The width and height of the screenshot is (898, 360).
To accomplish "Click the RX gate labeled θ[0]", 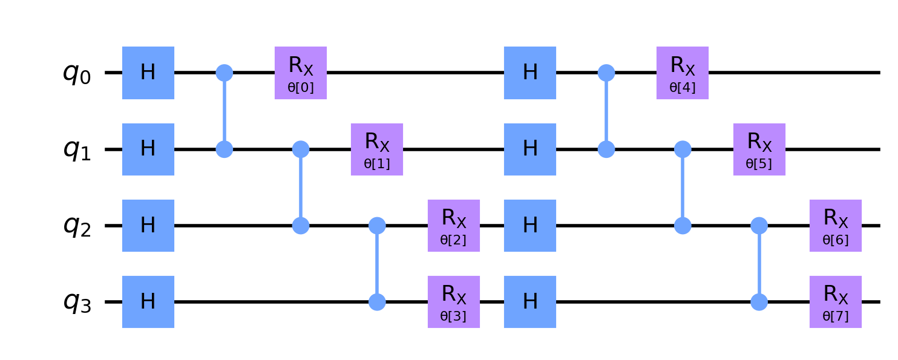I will click(x=300, y=73).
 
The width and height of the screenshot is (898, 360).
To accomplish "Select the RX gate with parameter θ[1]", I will click(x=376, y=149).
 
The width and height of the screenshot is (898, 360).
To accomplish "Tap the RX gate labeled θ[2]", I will click(x=453, y=226).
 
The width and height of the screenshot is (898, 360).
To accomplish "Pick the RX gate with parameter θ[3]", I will click(x=453, y=302).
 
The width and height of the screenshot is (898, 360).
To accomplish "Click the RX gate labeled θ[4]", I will click(x=682, y=73).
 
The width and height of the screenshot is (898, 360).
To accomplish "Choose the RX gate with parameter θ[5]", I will click(x=759, y=149).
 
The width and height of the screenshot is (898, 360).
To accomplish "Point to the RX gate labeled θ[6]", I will click(x=835, y=226).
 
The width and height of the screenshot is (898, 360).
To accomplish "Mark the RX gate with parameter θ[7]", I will click(x=835, y=302).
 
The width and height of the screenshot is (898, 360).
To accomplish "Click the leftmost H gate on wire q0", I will click(x=148, y=73).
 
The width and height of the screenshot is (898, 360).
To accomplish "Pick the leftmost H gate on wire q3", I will click(x=148, y=302).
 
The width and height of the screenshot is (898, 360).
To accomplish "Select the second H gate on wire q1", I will click(x=529, y=149).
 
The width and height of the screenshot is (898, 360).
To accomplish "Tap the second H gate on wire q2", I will click(x=529, y=226).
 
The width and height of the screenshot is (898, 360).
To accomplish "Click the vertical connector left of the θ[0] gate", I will click(x=224, y=111).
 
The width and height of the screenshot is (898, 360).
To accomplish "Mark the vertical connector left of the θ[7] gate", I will click(x=759, y=264).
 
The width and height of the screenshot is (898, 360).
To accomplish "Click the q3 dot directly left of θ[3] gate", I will click(x=377, y=302).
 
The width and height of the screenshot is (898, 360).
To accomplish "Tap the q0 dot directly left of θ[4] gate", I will click(x=606, y=73).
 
